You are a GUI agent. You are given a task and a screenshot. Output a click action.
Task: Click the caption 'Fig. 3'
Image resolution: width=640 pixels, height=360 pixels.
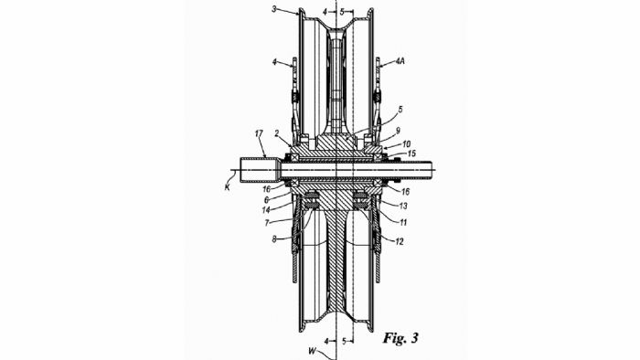click(x=400, y=338)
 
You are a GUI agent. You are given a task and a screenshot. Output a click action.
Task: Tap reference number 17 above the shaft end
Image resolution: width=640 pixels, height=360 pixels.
click(x=259, y=133)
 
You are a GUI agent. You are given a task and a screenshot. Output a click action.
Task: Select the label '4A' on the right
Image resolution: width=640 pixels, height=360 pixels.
click(x=400, y=62)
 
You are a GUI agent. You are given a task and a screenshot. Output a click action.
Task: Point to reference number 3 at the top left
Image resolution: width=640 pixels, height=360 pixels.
click(x=274, y=8)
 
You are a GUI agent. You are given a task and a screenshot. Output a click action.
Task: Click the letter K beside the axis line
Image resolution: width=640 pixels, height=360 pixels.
click(x=227, y=187)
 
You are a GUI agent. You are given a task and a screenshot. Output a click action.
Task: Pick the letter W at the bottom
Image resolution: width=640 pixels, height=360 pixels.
click(x=313, y=350)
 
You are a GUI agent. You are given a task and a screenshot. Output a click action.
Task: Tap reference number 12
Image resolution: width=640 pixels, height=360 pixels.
click(x=400, y=241)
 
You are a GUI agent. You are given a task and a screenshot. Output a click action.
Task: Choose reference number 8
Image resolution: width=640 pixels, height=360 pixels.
click(x=274, y=239)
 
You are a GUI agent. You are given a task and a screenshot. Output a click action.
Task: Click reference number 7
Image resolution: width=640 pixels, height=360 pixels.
click(x=267, y=224)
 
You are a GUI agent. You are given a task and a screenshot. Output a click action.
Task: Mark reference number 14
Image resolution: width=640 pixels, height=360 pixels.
click(x=266, y=210)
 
